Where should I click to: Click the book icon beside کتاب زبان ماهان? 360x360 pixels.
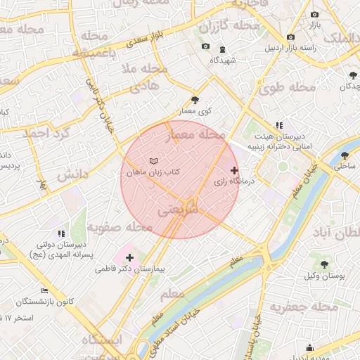pos(153,161)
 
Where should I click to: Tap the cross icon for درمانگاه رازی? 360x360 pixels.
pos(234,170)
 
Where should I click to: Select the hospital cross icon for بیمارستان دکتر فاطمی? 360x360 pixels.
pos(129,258)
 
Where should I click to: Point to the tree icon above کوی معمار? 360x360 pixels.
pos(195,101)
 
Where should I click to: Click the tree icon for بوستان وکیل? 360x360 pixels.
pos(323,265)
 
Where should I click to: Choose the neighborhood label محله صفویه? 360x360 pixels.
pos(120,228)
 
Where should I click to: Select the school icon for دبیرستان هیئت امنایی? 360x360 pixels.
pos(279,125)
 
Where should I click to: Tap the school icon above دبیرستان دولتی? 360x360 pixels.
pos(60,233)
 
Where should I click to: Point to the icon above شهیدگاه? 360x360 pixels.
pos(224,49)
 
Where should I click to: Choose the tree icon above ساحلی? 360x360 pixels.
pos(345,155)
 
